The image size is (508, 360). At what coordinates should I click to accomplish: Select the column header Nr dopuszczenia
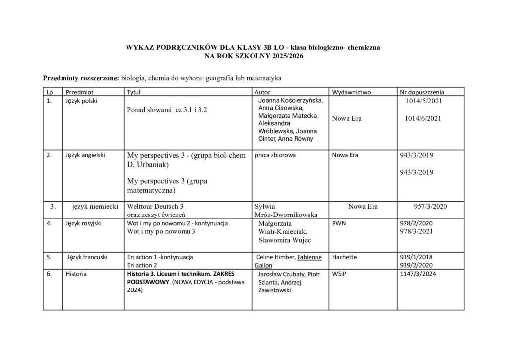422,92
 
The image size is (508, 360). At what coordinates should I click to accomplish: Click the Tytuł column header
134,92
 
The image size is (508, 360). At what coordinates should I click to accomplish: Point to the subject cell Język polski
81,101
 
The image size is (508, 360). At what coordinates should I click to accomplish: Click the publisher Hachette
344,257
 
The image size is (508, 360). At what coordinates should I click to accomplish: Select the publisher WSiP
340,274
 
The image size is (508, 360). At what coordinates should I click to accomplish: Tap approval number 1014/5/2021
423,101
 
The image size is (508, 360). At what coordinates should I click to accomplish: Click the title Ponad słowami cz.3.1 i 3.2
167,110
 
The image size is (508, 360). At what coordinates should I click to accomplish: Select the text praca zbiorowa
275,155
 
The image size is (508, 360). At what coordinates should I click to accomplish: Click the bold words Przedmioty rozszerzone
81,78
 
